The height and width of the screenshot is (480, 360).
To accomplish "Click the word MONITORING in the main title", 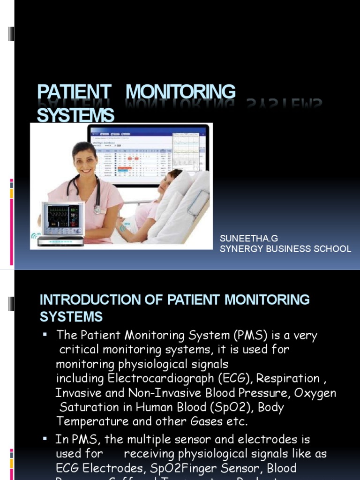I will click(180, 92).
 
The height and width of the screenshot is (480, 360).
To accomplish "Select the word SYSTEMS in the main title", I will click(75, 115).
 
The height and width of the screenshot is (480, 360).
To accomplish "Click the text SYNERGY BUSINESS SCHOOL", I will click(285, 249).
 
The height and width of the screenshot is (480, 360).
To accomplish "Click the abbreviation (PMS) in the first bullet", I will click(250, 336).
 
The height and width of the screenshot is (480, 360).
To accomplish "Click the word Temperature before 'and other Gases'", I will click(92, 421).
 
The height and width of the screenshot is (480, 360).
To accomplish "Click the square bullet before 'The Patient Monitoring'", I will click(45, 335).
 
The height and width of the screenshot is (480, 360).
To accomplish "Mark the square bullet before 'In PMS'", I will click(45, 439).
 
